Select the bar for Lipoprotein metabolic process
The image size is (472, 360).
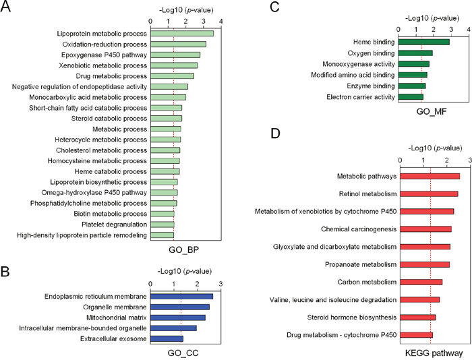(182, 33)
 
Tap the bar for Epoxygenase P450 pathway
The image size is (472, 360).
(175, 55)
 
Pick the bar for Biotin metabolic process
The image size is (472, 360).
(163, 214)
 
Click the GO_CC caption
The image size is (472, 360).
(182, 353)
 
